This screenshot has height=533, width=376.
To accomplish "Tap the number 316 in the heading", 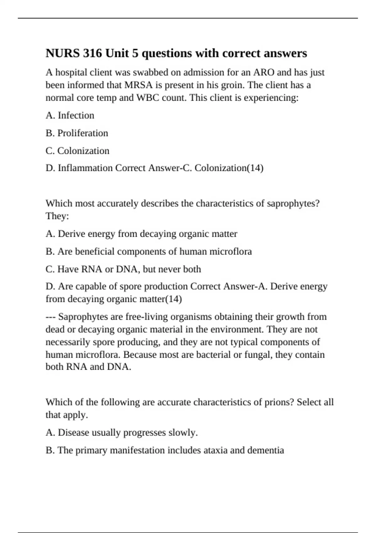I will pyautogui.click(x=92, y=53).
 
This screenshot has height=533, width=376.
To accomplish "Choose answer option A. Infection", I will pyautogui.click(x=70, y=115).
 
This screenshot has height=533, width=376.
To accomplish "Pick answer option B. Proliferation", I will pyautogui.click(x=77, y=133).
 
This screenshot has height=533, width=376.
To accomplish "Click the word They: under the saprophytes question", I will pyautogui.click(x=57, y=216).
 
